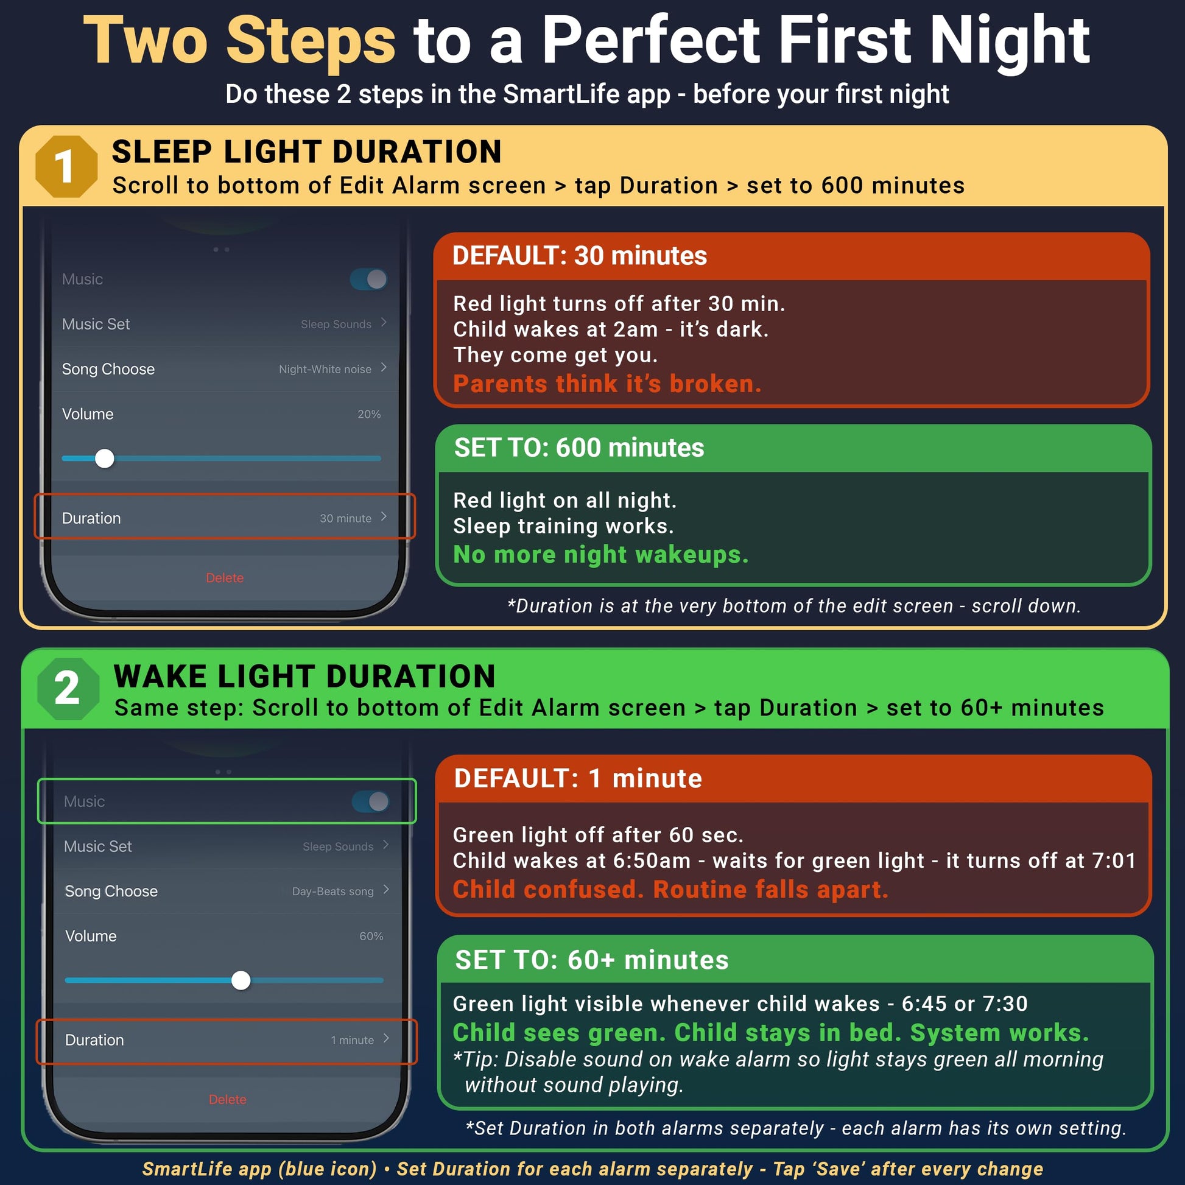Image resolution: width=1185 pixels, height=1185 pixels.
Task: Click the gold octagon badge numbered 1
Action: (x=66, y=166)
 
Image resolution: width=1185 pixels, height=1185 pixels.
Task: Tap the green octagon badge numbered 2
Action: (x=68, y=688)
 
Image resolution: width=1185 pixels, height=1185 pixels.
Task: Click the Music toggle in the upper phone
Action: (x=368, y=279)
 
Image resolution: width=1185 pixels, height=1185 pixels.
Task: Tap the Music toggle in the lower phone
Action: (x=370, y=801)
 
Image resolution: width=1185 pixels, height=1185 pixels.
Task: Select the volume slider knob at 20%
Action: (x=105, y=458)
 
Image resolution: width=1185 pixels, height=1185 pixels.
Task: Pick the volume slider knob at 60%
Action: (x=241, y=980)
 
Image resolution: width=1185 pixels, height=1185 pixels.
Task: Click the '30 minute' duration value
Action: (x=345, y=518)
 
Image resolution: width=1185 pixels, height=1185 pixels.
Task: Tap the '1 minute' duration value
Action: (x=352, y=1040)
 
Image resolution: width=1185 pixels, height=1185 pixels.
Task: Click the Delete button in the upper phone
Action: (x=225, y=578)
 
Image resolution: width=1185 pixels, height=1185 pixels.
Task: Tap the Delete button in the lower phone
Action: (x=228, y=1100)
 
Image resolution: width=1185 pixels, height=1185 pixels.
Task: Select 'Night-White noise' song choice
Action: (x=325, y=369)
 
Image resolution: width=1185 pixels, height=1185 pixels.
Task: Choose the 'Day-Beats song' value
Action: (x=333, y=891)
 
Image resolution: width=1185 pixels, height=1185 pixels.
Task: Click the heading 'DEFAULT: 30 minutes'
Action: (x=580, y=256)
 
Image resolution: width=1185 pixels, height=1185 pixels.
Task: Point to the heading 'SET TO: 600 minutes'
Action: (x=579, y=448)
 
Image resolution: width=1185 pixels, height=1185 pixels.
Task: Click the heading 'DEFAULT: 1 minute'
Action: (x=578, y=778)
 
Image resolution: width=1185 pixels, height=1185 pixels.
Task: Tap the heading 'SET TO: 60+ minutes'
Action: (x=592, y=960)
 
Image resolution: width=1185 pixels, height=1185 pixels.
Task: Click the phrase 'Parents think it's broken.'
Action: (x=607, y=384)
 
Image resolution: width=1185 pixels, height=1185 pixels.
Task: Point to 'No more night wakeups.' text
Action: (x=601, y=555)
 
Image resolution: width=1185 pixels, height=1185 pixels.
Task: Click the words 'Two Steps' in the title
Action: (x=240, y=41)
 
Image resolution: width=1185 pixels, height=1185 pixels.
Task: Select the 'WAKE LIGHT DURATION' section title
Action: (x=305, y=677)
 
